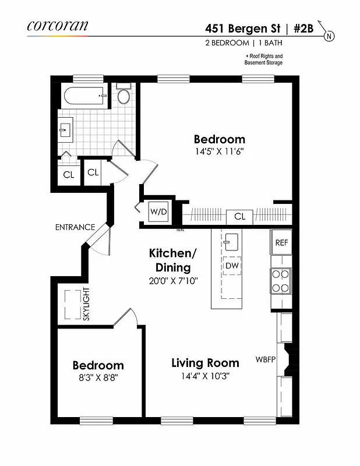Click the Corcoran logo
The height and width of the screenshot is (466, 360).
click(x=57, y=26)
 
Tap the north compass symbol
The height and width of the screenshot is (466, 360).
click(x=330, y=36)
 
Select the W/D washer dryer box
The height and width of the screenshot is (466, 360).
click(x=158, y=211)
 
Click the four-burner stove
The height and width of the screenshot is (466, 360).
click(x=281, y=281)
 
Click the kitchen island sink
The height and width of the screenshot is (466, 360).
click(x=232, y=240)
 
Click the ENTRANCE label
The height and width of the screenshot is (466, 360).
click(x=75, y=227)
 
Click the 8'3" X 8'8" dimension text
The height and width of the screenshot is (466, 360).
click(x=98, y=377)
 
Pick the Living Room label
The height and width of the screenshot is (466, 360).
click(x=205, y=363)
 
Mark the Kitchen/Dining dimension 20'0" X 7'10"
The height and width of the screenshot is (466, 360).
click(x=173, y=280)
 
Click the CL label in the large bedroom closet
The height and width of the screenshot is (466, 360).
click(x=239, y=217)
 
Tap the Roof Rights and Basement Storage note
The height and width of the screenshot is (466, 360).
click(x=263, y=59)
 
